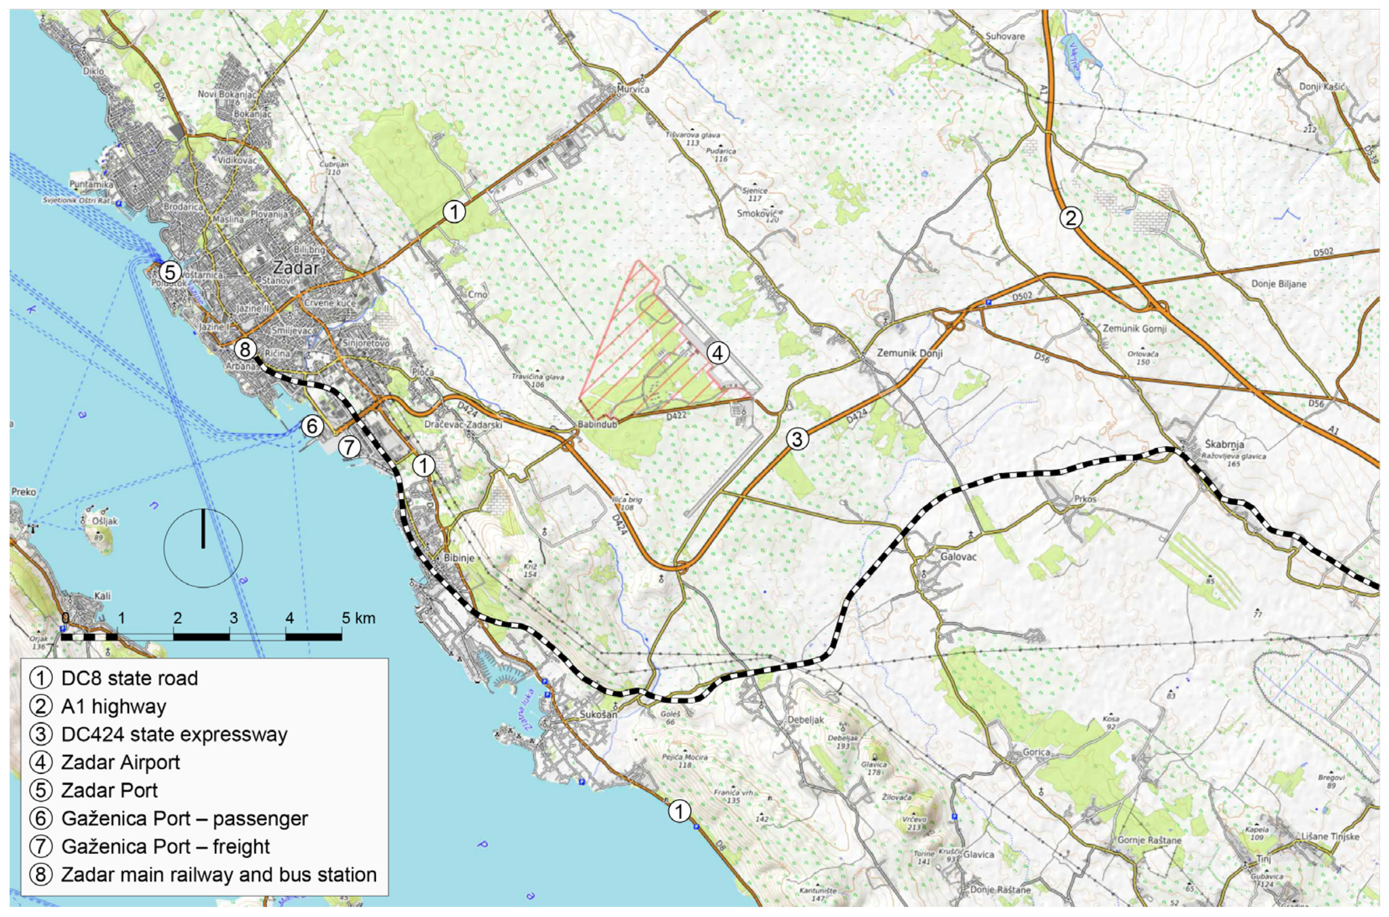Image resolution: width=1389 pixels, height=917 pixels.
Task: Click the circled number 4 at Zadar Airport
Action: (717, 353)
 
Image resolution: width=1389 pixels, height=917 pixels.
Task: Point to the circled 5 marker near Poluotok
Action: (170, 272)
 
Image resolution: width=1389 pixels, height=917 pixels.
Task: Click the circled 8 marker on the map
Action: (245, 350)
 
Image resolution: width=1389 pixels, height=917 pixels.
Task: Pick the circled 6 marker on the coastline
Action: (312, 426)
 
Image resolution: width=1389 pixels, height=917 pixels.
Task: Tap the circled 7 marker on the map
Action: (348, 447)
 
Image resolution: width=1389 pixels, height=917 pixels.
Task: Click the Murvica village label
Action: (634, 89)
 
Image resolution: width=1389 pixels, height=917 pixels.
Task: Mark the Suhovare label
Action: (1005, 36)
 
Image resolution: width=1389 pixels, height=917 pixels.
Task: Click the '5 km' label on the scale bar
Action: (359, 618)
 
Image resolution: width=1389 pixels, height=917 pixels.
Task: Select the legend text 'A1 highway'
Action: (113, 706)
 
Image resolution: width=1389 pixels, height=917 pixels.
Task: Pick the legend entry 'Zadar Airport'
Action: (120, 763)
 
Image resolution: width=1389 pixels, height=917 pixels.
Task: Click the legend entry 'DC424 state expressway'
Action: (174, 735)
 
